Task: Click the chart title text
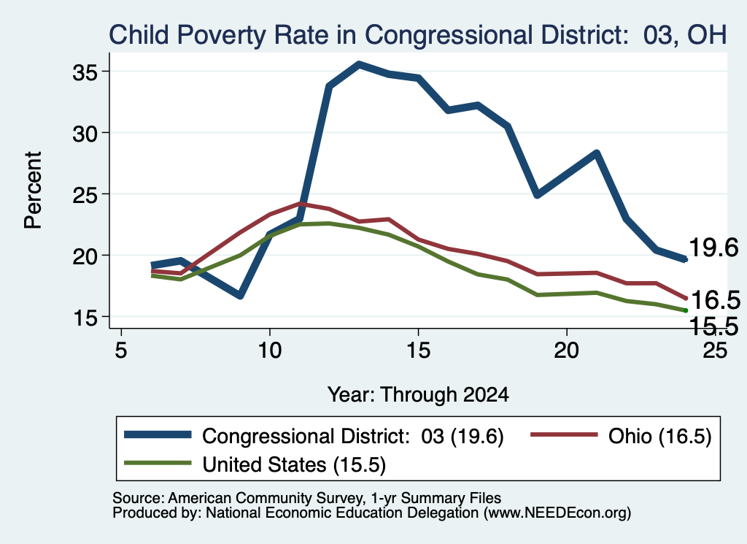[x=418, y=35]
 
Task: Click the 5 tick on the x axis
[x=121, y=350]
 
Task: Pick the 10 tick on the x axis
[x=270, y=350]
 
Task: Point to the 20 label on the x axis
[x=566, y=350]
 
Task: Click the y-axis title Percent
[x=33, y=190]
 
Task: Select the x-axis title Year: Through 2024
[x=418, y=395]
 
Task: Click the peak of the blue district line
[x=359, y=64]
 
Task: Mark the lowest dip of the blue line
[x=239, y=296]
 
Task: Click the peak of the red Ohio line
[x=300, y=204]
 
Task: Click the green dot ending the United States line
[x=686, y=310]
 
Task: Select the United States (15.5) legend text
[x=294, y=464]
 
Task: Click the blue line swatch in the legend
[x=158, y=434]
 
